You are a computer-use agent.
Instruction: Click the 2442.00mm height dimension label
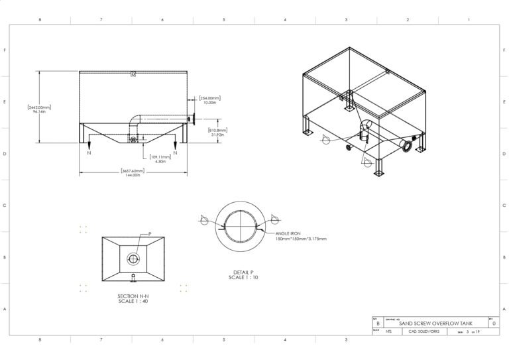tap(39, 109)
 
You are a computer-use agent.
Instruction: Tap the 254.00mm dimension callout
tap(210, 100)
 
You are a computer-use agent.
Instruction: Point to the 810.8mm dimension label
tap(219, 132)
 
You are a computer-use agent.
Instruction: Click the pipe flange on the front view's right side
tap(190, 120)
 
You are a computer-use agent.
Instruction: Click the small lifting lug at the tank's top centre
tap(133, 74)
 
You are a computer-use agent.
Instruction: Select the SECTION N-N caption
tap(133, 299)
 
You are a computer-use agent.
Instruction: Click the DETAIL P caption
tap(243, 274)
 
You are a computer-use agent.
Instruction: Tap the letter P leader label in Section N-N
tap(150, 234)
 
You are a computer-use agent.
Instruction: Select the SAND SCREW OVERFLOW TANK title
tap(437, 324)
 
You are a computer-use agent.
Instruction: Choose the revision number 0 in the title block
tap(493, 324)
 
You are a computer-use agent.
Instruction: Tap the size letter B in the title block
tap(378, 324)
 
